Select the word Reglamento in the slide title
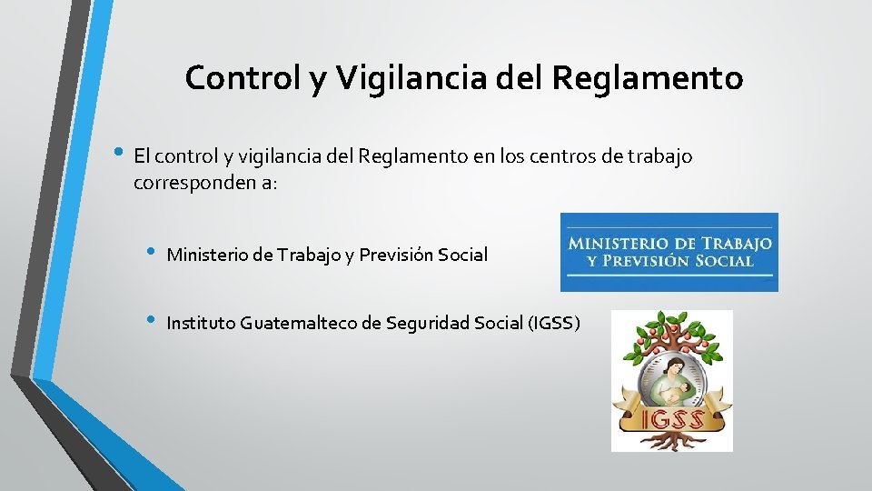[x=647, y=78]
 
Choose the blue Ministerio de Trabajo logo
[x=669, y=252]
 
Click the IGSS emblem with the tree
[x=671, y=380]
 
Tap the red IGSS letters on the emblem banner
[x=672, y=419]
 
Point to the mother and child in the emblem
[x=671, y=374]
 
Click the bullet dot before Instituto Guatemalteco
[x=150, y=320]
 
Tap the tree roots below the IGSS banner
[x=672, y=440]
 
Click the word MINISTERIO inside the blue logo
[x=616, y=244]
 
